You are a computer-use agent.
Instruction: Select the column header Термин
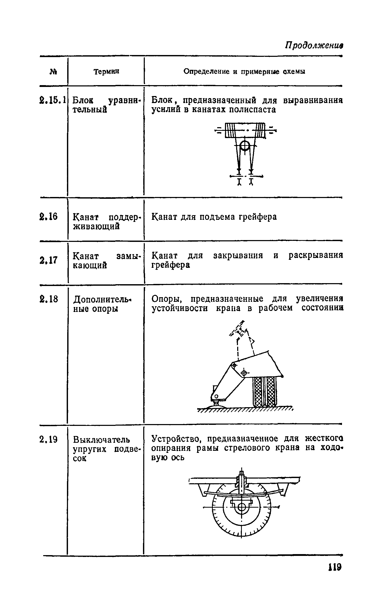pos(106,71)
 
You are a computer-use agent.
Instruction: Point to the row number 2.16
pos(49,216)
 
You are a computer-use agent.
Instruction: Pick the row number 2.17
pos(49,260)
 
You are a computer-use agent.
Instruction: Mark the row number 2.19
pos(49,440)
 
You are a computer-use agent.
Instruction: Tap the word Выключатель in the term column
pos(101,440)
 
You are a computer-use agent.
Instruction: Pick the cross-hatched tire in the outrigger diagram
pos(264,392)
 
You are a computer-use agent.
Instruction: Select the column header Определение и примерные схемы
pos(244,71)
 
